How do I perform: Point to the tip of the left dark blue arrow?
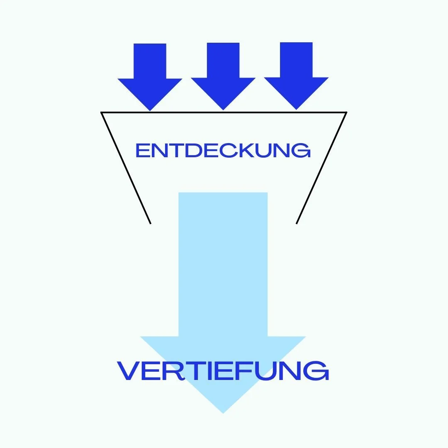click(150, 110)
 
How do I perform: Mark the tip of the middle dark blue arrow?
click(223, 110)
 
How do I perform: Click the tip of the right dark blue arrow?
click(296, 109)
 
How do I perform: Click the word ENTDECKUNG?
click(223, 150)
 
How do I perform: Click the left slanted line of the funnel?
click(126, 168)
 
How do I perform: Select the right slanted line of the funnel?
click(321, 168)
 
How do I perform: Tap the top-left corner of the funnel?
click(101, 112)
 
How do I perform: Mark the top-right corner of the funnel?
click(346, 112)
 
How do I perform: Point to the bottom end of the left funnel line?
click(150, 224)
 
